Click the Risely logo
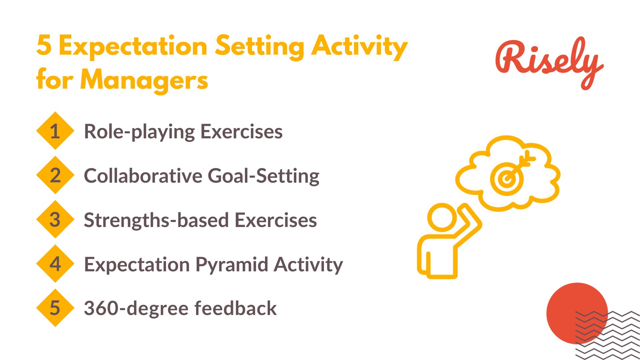(x=549, y=63)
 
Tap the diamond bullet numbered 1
(x=55, y=131)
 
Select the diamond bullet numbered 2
(x=55, y=175)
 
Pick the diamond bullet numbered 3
(x=55, y=219)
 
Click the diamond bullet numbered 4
(x=55, y=264)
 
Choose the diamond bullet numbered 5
(x=55, y=308)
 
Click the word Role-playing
(x=139, y=132)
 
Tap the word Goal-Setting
(x=264, y=176)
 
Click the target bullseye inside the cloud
(x=507, y=179)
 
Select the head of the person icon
(x=442, y=217)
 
